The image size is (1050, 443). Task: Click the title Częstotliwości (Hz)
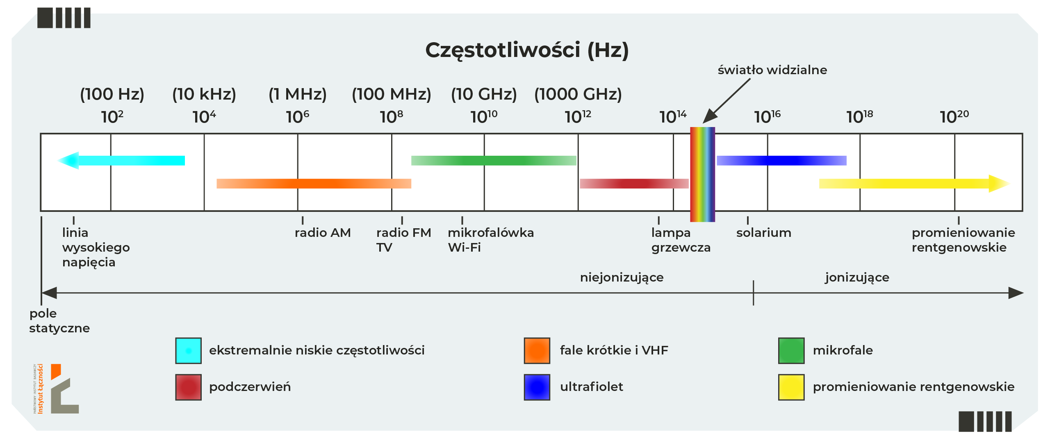[526, 50]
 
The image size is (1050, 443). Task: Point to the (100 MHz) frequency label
[391, 94]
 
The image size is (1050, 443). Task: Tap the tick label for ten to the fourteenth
[672, 117]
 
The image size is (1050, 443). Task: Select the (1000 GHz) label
[578, 94]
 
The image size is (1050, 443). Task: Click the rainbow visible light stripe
[702, 174]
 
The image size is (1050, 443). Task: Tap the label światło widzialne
[772, 70]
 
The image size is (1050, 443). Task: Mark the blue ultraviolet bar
[781, 160]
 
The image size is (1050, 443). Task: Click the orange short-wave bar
[314, 184]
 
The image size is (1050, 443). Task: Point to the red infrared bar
[634, 184]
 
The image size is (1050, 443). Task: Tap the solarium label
[763, 233]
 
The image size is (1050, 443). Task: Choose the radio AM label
[323, 233]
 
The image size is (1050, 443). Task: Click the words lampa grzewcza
[680, 240]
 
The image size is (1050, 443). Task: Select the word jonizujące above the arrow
[857, 277]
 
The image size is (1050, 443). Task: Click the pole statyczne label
[59, 321]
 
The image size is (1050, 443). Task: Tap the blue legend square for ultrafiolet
[537, 387]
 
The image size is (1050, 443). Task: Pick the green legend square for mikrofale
[791, 350]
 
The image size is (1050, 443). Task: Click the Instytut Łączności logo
[57, 388]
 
